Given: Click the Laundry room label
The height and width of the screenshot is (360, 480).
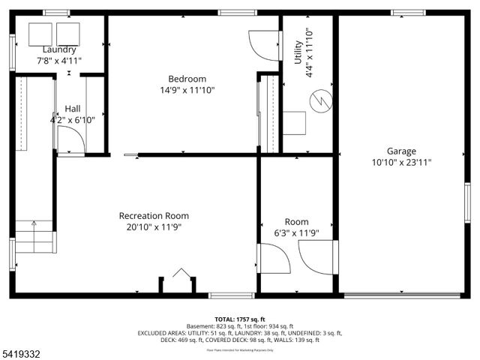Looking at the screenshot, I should pos(58,49).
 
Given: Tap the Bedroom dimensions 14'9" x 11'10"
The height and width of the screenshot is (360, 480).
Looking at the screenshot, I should pos(187,91).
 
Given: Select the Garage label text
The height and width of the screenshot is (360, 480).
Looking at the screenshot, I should pos(401,151).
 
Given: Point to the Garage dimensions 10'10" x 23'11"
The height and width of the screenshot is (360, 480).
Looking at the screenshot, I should pos(401,162).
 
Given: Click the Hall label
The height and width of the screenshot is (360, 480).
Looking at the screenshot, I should pos(73,109).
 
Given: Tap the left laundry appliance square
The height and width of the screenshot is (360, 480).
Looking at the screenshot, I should pos(38,33).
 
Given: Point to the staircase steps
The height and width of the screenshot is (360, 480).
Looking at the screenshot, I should pos(35,236).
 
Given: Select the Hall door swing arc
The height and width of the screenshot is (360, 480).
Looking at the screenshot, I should pos(70,139).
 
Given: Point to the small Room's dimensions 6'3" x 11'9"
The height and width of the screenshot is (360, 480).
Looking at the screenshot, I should pos(296,232).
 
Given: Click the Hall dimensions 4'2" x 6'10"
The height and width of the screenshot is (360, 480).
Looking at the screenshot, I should pos(73,120).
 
